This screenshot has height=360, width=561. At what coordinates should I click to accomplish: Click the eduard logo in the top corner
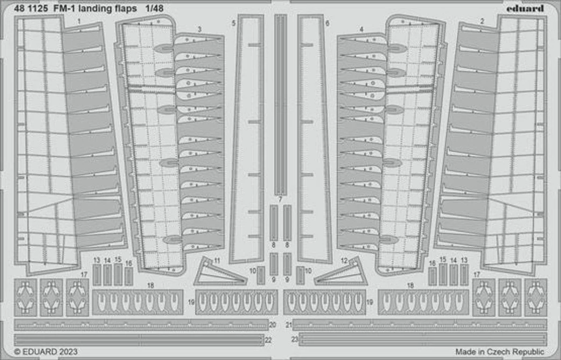[x=525, y=9]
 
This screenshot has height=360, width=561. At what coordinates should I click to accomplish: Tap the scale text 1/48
[x=154, y=8]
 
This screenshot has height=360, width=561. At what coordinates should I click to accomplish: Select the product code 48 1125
[x=31, y=8]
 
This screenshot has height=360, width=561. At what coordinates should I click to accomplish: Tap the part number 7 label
[x=280, y=200]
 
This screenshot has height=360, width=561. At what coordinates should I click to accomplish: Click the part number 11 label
[x=217, y=260]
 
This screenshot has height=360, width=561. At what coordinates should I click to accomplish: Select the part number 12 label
[x=345, y=260]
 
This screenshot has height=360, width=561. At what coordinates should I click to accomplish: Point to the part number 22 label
[x=268, y=340]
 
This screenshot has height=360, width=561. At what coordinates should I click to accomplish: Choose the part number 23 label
[x=295, y=339]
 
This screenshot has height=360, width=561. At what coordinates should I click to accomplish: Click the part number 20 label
[x=273, y=324]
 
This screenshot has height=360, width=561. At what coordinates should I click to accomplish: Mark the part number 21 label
[x=289, y=324]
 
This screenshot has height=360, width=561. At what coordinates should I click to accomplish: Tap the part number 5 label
[x=233, y=23]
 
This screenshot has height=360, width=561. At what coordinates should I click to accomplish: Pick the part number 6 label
[x=327, y=23]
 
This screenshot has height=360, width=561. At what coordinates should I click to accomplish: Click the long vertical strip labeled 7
[x=280, y=104]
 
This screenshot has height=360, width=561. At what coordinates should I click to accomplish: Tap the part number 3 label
[x=200, y=29]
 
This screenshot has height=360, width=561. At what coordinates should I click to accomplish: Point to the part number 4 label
[x=361, y=29]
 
